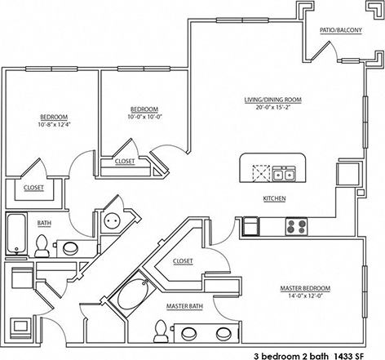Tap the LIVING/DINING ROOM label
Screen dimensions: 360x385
click(272, 100)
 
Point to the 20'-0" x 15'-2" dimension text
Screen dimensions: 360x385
click(272, 107)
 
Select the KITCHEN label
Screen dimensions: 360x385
click(273, 198)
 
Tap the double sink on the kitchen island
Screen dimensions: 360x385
click(283, 172)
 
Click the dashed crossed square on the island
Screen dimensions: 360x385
click(260, 173)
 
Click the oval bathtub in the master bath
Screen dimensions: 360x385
click(135, 292)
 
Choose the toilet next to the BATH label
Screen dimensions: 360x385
click(41, 243)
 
